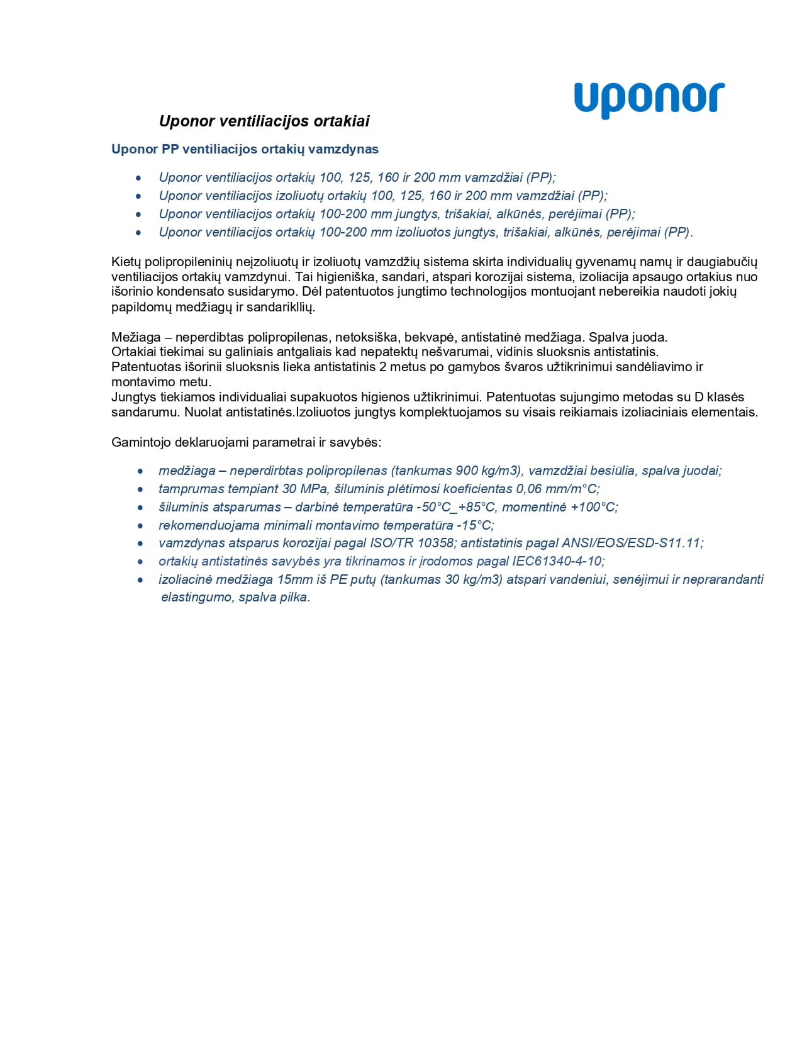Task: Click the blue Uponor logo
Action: coord(649,99)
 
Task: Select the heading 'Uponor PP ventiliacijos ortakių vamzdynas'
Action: coord(245,149)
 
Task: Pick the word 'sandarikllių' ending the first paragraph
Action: coord(280,307)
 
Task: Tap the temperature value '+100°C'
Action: coord(593,507)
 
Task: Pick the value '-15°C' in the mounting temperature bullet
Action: coord(475,525)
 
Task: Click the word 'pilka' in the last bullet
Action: coord(294,597)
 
